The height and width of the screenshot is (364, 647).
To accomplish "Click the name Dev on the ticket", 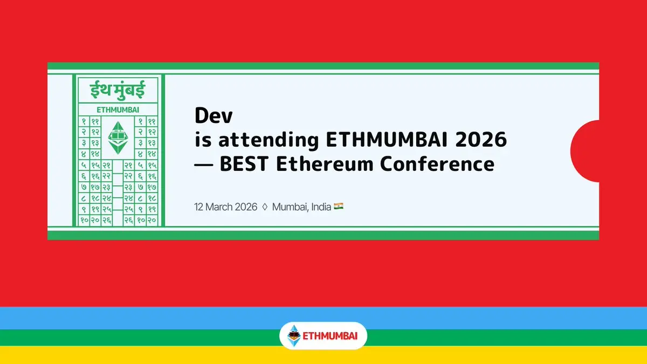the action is tap(214, 115).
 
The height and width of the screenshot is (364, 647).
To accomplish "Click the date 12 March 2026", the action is tap(225, 207).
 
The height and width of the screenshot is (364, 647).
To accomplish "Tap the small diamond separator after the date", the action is tap(265, 207).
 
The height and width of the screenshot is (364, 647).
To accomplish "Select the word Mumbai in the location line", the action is tap(290, 207).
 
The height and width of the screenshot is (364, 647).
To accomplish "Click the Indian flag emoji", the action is tap(339, 206).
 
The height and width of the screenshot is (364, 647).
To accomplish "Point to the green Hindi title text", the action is tap(118, 90).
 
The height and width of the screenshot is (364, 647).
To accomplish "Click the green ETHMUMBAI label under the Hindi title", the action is tap(118, 110).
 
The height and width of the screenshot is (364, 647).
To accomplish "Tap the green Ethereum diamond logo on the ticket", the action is tap(118, 138).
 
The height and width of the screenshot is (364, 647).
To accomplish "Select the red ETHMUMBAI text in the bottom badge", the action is tap(330, 336).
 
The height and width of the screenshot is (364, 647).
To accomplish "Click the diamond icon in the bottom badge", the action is tap(294, 335).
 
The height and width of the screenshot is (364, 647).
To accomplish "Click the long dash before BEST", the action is tap(204, 164).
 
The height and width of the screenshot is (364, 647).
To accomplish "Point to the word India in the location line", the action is tap(321, 207).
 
